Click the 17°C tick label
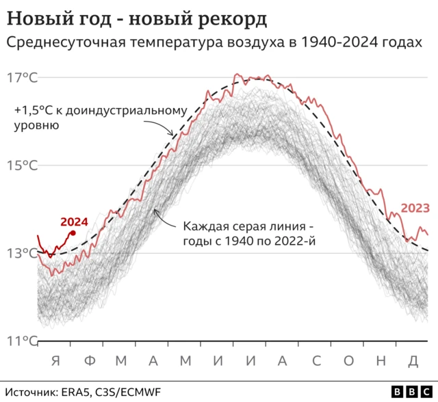(x=23, y=77)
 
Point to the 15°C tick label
(x=23, y=165)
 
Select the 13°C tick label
(x=23, y=253)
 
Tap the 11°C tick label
(x=22, y=340)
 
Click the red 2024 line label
(x=74, y=222)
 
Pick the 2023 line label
(x=415, y=208)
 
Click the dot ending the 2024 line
(x=73, y=233)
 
